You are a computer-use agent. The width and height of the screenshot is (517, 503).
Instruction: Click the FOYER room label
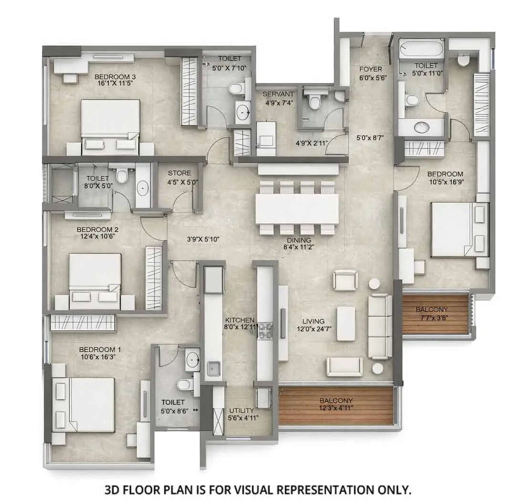tap(371, 69)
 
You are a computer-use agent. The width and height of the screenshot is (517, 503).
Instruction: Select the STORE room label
tap(179, 173)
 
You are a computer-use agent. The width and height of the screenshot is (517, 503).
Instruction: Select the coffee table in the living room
tap(346, 323)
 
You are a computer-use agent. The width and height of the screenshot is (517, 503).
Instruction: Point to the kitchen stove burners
tap(265, 331)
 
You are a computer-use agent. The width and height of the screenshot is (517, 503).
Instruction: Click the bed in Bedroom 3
tap(110, 125)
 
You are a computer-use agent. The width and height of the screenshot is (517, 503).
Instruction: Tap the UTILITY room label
tap(241, 410)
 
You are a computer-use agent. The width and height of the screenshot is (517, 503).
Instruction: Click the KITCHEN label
tap(240, 320)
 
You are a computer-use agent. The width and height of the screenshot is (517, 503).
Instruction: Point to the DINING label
tap(299, 240)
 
